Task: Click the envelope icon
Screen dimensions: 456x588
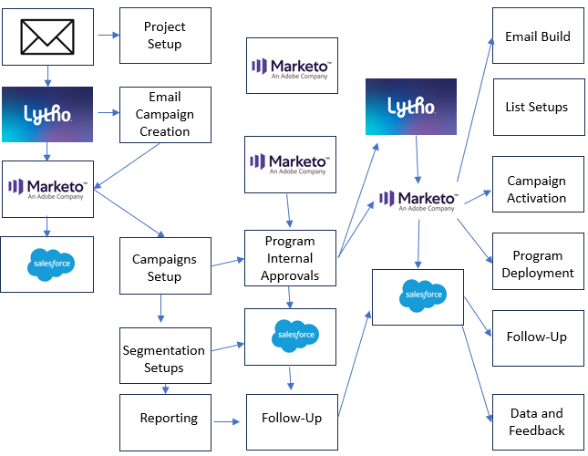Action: [x=47, y=36]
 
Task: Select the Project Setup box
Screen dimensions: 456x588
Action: [x=165, y=36]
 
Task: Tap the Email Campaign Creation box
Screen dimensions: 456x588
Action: [x=165, y=114]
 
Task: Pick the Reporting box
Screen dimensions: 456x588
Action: [x=169, y=418]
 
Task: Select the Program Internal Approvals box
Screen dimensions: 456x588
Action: [x=290, y=258]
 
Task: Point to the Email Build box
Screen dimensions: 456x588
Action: [x=538, y=37]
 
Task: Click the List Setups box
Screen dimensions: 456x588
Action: [x=537, y=107]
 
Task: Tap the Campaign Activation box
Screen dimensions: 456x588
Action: [x=537, y=190]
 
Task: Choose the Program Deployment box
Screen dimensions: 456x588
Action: [x=537, y=264]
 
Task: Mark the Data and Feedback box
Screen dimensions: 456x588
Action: [x=538, y=422]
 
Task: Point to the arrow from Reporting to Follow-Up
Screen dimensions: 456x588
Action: [x=228, y=421]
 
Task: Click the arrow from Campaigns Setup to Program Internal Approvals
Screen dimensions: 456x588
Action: [x=227, y=264]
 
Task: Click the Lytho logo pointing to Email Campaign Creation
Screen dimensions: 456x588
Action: [x=47, y=114]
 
